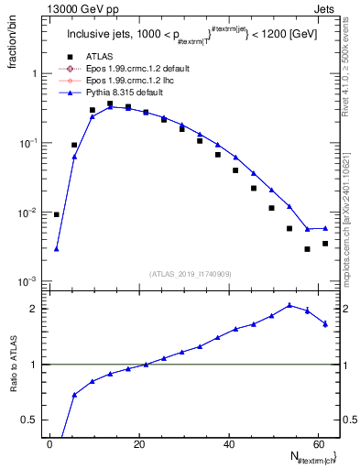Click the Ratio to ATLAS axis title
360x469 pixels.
[14, 362]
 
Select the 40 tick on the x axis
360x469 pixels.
[229, 443]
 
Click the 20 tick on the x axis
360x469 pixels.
[139, 443]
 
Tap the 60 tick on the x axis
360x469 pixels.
[318, 443]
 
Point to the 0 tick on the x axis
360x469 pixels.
[50, 443]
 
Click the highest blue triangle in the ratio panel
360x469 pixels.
[289, 305]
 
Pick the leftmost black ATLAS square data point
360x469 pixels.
[57, 214]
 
